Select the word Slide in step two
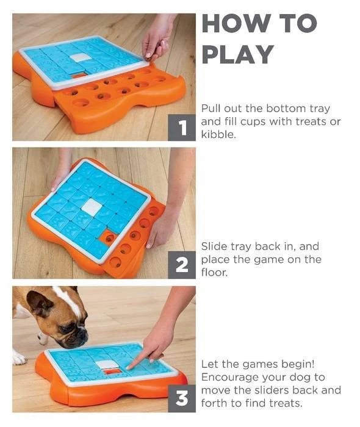click(x=214, y=246)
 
